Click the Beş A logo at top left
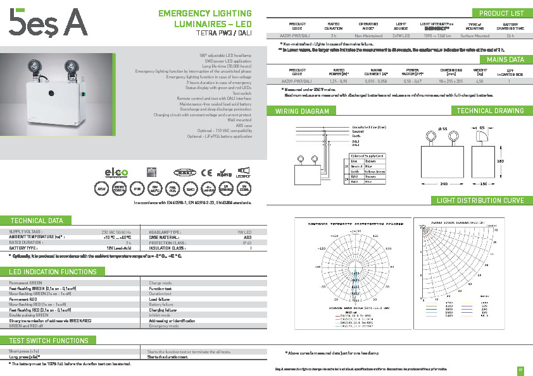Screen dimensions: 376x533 (x=47, y=26)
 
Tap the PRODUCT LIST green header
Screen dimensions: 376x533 (x=501, y=13)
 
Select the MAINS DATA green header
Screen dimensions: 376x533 (x=505, y=59)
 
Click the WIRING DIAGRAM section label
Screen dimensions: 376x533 (x=302, y=111)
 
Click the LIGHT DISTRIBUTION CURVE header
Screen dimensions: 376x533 (x=481, y=200)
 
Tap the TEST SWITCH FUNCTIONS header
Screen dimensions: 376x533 (x=49, y=341)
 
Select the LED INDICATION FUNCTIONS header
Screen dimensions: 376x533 (x=53, y=271)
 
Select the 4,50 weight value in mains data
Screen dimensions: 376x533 (x=479, y=82)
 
